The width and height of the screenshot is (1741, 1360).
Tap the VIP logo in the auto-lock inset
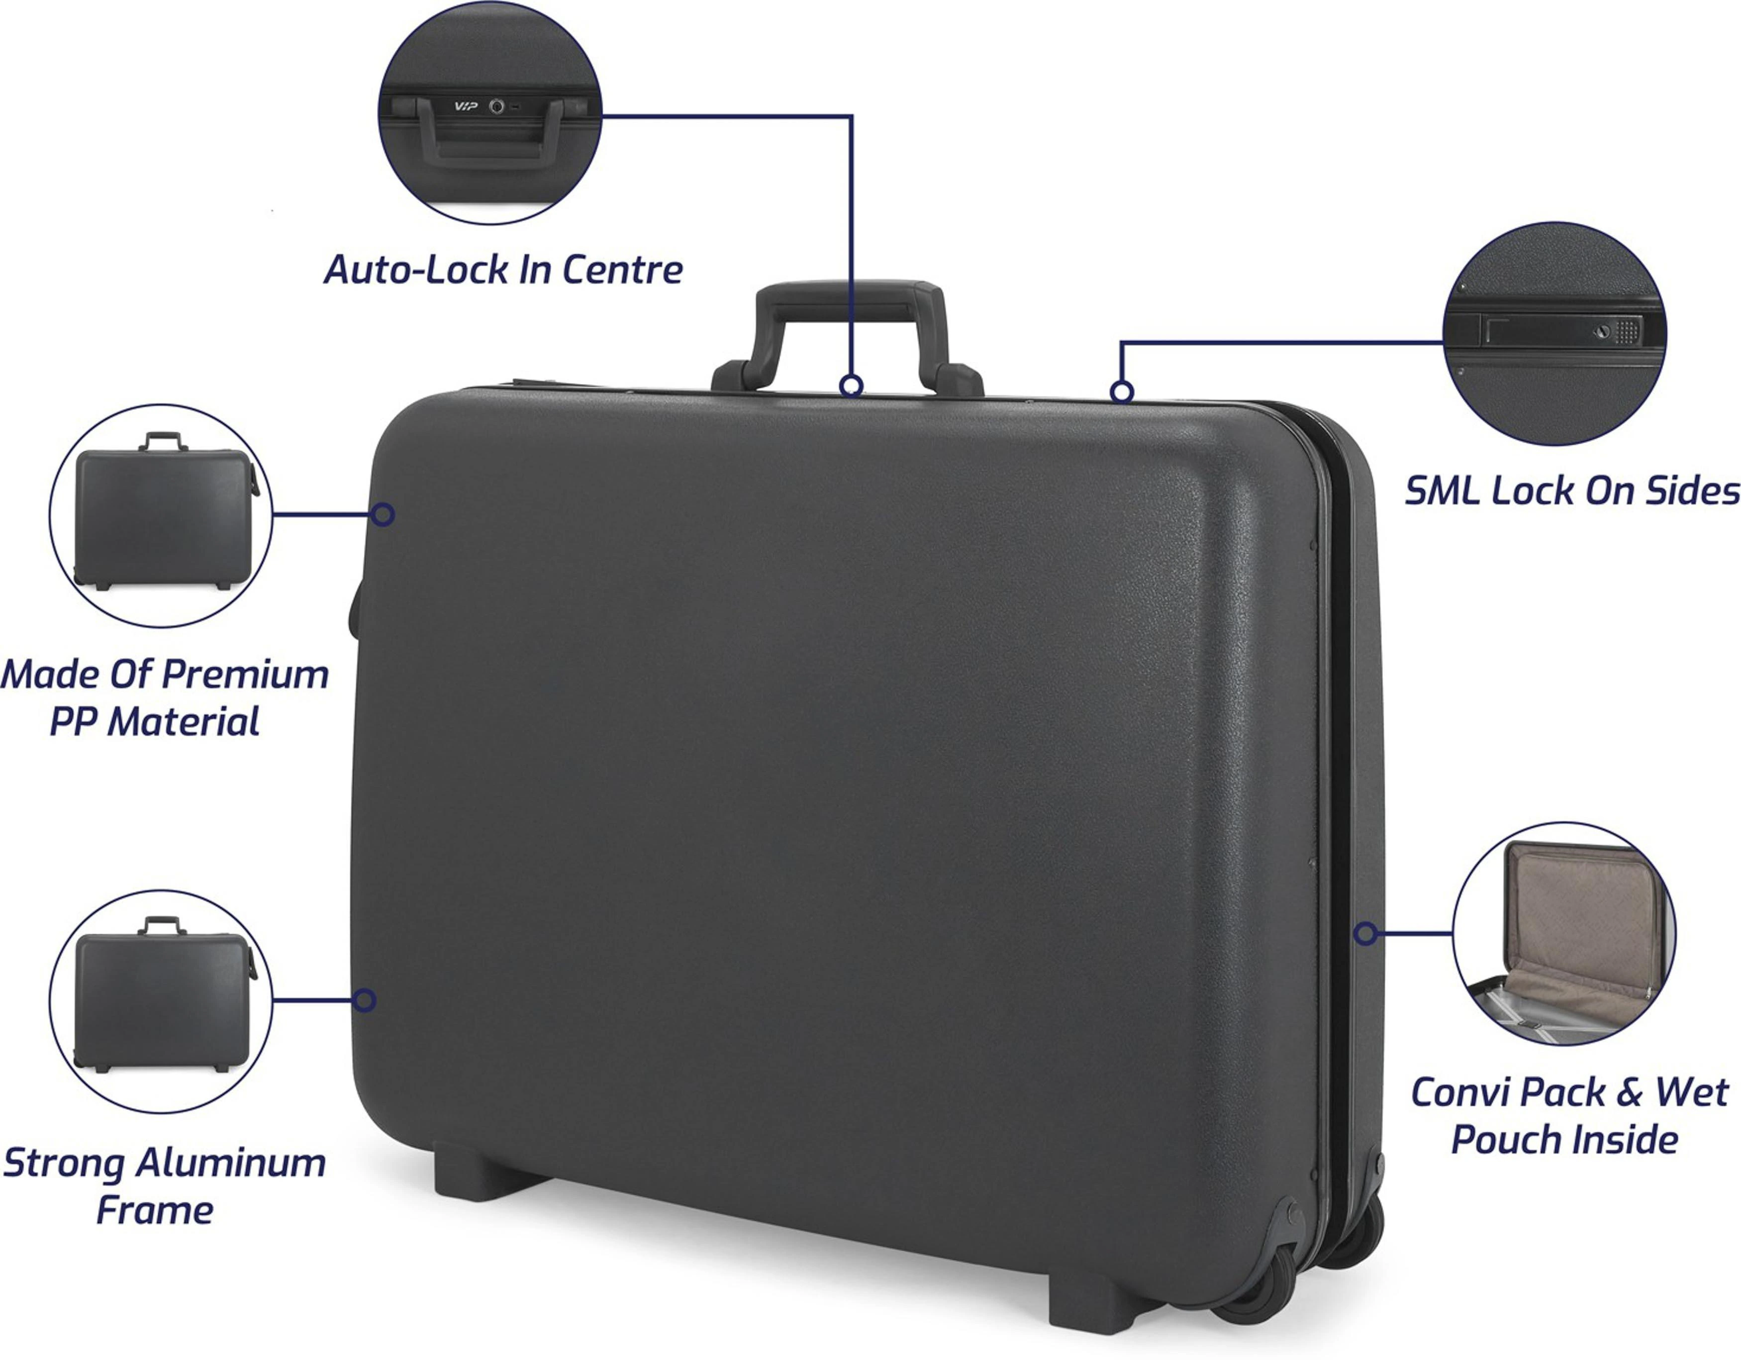point(465,106)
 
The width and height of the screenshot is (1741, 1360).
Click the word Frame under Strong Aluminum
point(155,1210)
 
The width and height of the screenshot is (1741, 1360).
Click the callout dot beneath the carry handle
point(852,387)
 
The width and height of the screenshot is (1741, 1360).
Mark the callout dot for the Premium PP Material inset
point(383,514)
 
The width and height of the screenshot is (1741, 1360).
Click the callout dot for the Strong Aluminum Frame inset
point(364,1000)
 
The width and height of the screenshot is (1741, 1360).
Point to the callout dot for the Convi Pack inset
point(1365,934)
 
